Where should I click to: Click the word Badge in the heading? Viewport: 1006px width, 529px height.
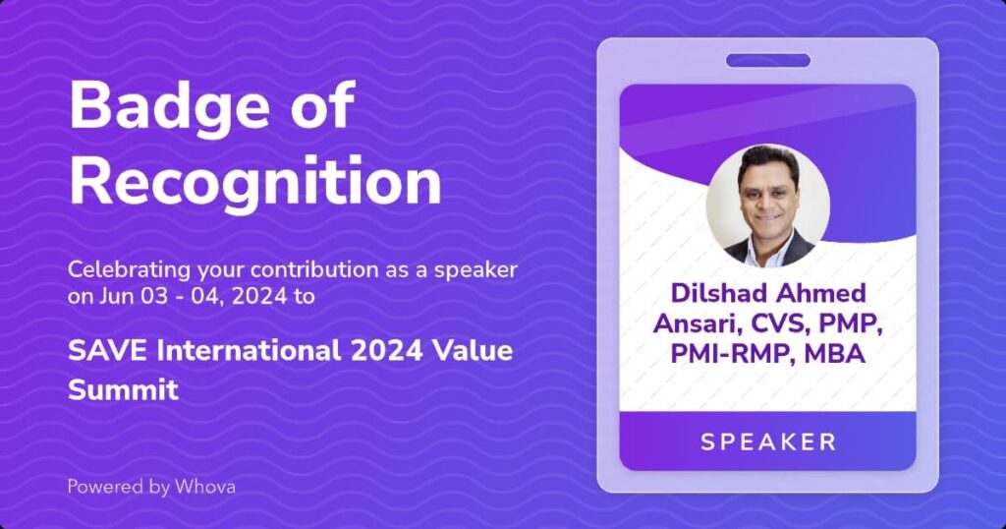click(x=169, y=107)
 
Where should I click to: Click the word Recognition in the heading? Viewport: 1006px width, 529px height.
click(x=255, y=180)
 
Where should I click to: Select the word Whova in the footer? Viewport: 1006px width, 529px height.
click(x=205, y=487)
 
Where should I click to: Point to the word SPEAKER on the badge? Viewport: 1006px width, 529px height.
click(x=768, y=441)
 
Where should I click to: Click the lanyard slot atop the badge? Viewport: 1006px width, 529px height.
click(x=768, y=61)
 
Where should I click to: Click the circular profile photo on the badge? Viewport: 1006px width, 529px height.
click(x=768, y=206)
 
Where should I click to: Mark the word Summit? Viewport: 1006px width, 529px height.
click(x=123, y=389)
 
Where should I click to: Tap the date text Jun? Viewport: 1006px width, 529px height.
click(x=112, y=297)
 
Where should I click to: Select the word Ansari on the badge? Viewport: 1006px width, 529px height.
click(x=699, y=324)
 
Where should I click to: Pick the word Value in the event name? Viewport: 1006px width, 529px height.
click(x=473, y=351)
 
